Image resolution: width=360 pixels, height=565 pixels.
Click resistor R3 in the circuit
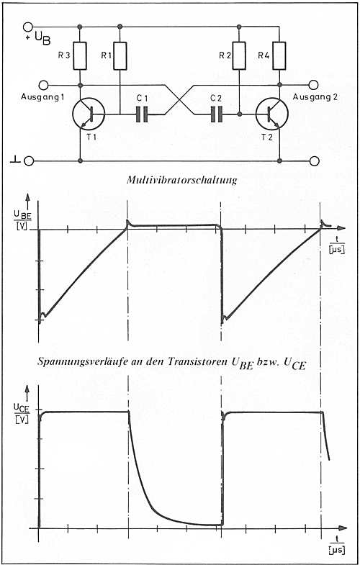click(80, 56)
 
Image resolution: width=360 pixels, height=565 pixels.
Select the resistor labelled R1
click(120, 56)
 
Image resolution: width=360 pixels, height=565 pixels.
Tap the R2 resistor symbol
click(239, 56)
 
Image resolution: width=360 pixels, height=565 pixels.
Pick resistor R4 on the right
click(279, 56)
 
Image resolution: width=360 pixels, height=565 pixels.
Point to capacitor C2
click(217, 114)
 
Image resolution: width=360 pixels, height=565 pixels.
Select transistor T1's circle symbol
click(89, 114)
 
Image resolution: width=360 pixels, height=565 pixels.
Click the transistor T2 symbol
click(271, 114)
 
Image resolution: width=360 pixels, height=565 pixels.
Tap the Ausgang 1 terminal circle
click(43, 86)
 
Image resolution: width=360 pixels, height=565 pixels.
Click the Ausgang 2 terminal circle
click(313, 86)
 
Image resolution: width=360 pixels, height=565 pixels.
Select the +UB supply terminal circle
click(28, 27)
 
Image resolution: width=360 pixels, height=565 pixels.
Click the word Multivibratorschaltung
click(182, 180)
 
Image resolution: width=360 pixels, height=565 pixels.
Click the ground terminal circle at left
click(29, 161)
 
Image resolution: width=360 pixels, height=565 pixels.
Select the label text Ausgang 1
click(40, 96)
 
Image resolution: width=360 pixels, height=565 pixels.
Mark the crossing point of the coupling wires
click(180, 100)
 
